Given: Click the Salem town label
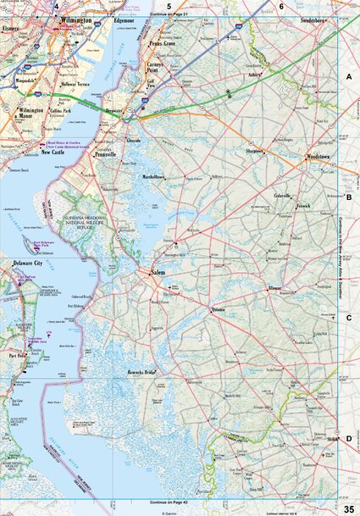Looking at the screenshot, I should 158,273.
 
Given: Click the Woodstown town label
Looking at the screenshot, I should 318,158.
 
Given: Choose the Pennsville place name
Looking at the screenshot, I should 105,156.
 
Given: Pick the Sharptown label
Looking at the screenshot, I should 255,153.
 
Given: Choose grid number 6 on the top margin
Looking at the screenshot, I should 281,6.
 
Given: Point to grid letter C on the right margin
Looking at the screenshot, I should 348,318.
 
